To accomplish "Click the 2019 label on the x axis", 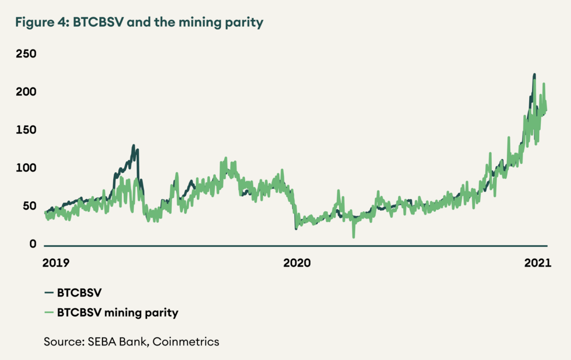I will pyautogui.click(x=56, y=262).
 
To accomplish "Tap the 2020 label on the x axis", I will pyautogui.click(x=296, y=262).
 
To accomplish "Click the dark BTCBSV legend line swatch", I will pyautogui.click(x=48, y=291).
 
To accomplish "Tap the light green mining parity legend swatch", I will pyautogui.click(x=48, y=313).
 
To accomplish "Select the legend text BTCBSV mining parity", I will pyautogui.click(x=118, y=313).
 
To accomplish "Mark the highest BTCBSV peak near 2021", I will pyautogui.click(x=534, y=75).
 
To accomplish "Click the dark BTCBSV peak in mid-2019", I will pyautogui.click(x=134, y=146).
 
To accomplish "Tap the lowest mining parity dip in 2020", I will pyautogui.click(x=354, y=236).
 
